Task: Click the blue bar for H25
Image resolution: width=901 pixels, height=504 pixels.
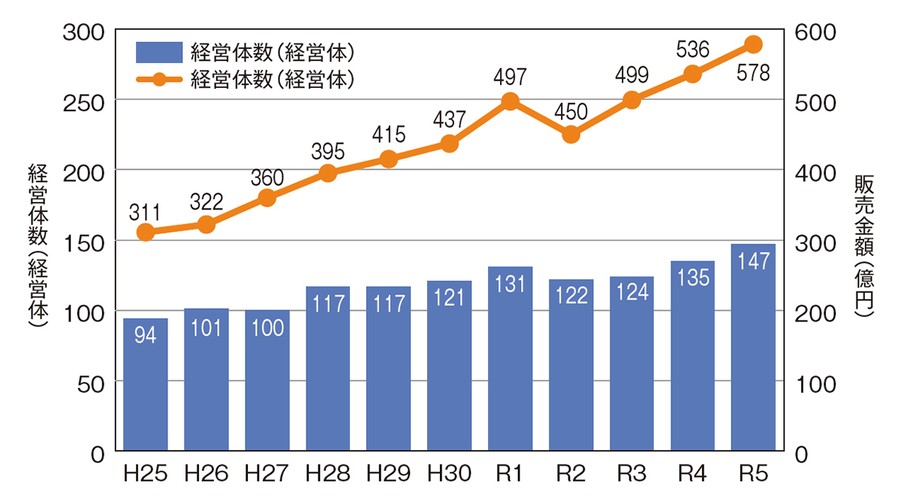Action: click(x=146, y=385)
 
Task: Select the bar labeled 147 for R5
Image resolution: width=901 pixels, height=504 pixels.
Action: click(x=753, y=347)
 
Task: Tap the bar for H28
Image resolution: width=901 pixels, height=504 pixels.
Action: click(x=328, y=368)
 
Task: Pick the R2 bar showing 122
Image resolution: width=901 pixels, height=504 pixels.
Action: click(x=571, y=365)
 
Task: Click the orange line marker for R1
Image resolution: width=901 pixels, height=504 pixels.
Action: click(x=510, y=101)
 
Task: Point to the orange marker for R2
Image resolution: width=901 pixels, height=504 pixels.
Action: click(x=571, y=134)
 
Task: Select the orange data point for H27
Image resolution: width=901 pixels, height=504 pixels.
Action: click(x=267, y=198)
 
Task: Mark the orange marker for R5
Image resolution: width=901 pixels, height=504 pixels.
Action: click(x=753, y=44)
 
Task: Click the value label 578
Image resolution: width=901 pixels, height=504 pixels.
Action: click(x=754, y=74)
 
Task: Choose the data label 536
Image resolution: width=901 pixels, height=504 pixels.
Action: click(x=692, y=50)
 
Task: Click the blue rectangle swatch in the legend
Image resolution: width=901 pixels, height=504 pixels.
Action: click(x=158, y=53)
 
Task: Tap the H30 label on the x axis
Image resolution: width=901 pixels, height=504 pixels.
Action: click(x=449, y=475)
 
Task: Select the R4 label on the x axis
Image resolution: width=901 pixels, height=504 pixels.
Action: click(x=692, y=475)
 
